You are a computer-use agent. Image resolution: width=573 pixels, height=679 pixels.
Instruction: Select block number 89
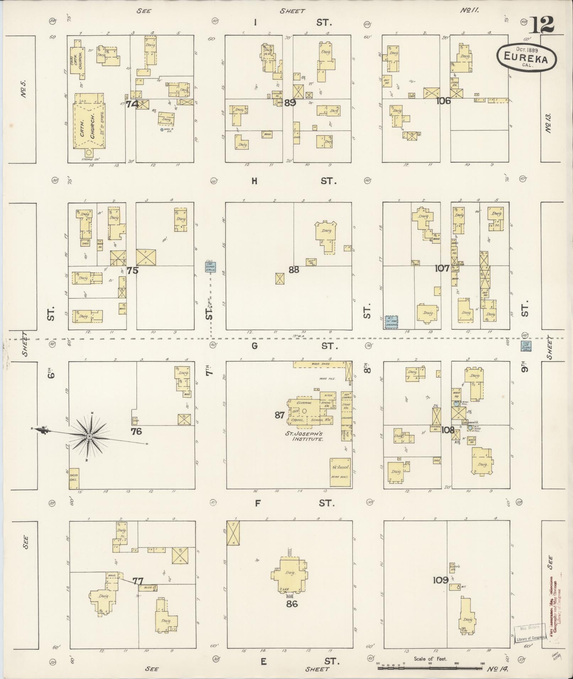click(x=290, y=103)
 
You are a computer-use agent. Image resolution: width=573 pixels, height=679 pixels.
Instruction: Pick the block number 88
click(x=294, y=270)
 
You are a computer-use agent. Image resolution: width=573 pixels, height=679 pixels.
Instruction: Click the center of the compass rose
click(x=90, y=436)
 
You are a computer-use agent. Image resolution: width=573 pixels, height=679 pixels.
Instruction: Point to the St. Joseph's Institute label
click(x=308, y=436)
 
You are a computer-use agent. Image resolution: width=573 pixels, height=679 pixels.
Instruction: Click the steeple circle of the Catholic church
click(x=88, y=153)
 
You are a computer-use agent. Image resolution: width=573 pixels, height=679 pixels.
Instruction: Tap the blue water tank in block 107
click(x=391, y=322)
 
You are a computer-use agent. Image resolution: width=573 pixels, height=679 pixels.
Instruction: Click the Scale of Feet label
click(x=430, y=659)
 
